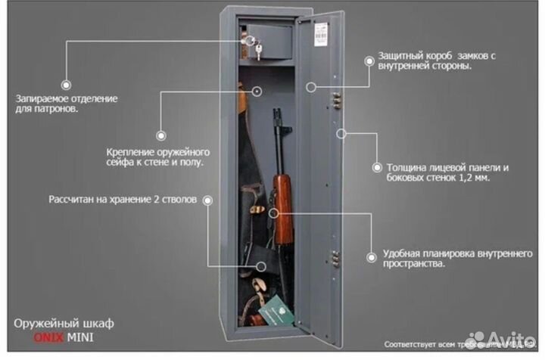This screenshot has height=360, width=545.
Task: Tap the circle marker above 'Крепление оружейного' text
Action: coord(160,135)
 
